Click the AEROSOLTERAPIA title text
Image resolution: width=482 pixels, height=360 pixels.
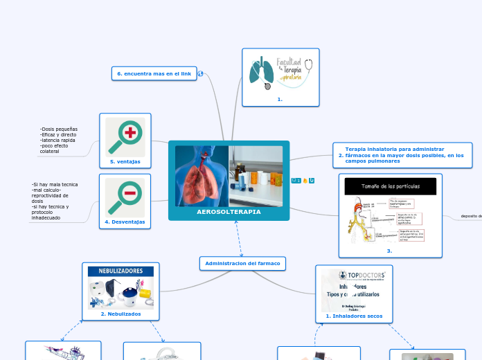(x=229, y=212)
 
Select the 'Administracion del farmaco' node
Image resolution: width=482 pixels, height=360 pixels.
(x=242, y=263)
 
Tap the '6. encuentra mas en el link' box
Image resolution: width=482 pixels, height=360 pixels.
(x=154, y=73)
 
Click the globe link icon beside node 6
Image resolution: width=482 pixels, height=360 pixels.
(x=200, y=73)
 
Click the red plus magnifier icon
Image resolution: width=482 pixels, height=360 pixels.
(x=126, y=135)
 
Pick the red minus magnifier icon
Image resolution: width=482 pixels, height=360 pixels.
(x=126, y=196)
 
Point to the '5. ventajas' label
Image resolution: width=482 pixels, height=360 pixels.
(x=125, y=161)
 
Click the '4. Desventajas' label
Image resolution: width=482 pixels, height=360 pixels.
(x=125, y=222)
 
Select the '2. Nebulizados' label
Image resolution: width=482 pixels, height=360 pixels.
(x=120, y=314)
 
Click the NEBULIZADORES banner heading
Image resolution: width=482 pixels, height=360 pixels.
(x=120, y=271)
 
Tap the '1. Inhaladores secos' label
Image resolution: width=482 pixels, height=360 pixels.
(x=354, y=316)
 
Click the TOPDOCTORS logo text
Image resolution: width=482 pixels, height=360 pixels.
(x=360, y=275)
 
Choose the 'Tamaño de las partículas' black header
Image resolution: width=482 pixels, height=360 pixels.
(x=391, y=186)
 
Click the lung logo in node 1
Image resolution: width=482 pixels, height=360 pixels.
(x=261, y=74)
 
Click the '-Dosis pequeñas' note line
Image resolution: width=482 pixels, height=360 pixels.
(x=59, y=129)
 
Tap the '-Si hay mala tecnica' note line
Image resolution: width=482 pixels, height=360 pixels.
(x=55, y=184)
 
